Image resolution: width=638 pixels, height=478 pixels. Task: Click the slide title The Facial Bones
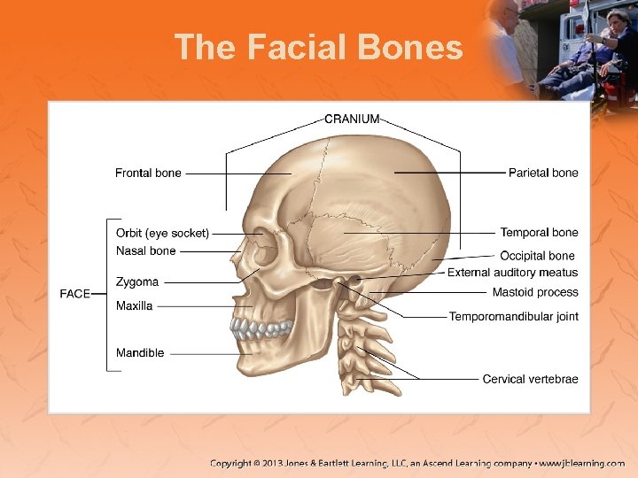click(x=318, y=47)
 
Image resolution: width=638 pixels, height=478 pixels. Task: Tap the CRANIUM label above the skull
click(x=352, y=119)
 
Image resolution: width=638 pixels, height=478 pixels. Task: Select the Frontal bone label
click(x=148, y=173)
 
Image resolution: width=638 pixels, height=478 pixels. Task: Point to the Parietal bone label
click(x=543, y=173)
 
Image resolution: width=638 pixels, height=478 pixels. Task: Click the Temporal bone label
click(x=539, y=233)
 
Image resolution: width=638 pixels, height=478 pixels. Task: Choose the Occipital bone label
click(x=537, y=256)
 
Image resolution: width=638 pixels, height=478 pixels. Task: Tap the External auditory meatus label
click(x=512, y=273)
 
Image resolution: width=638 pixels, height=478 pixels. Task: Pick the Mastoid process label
click(x=535, y=292)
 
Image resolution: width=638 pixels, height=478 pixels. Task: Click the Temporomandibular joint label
click(x=514, y=316)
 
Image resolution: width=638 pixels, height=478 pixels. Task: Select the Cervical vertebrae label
click(x=530, y=379)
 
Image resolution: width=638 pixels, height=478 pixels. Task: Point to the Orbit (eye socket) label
click(x=162, y=234)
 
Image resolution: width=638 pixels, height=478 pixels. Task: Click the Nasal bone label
click(x=146, y=251)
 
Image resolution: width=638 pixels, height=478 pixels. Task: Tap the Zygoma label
click(x=137, y=282)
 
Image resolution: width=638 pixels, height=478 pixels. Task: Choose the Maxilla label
click(x=135, y=306)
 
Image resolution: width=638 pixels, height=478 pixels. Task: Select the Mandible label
click(x=140, y=353)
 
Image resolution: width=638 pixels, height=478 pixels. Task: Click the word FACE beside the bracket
click(x=75, y=294)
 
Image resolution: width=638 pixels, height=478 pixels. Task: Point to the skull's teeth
click(x=261, y=330)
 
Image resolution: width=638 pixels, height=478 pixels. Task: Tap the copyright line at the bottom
click(x=416, y=463)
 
